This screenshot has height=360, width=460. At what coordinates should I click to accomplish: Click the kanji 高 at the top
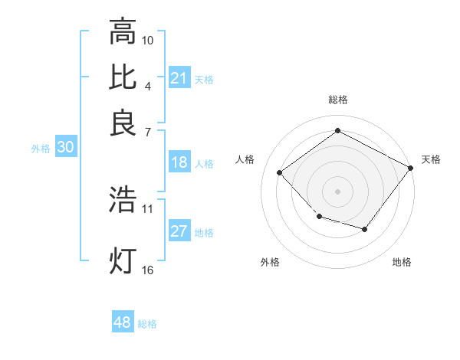(123, 32)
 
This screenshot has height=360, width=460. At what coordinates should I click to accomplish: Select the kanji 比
(123, 77)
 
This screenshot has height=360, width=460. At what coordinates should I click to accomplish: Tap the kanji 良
(123, 123)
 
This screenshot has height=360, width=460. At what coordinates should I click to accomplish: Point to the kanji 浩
(123, 199)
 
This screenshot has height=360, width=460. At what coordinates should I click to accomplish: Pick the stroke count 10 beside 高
(148, 40)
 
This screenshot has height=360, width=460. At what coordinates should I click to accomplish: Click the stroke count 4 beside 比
(148, 85)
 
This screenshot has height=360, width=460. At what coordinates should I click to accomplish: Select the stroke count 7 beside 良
(148, 131)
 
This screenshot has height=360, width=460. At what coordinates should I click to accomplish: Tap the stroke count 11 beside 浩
(148, 208)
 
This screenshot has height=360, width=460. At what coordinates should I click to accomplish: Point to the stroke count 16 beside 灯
(148, 269)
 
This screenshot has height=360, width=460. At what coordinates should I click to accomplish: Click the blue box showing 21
(179, 78)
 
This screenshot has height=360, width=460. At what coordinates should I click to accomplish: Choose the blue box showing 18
(179, 162)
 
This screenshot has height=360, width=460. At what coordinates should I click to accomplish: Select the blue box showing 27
(179, 232)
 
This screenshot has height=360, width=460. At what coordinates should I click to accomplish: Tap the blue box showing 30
(65, 148)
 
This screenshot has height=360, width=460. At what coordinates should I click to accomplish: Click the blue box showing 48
(123, 322)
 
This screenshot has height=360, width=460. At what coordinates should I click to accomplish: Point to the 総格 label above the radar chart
(338, 100)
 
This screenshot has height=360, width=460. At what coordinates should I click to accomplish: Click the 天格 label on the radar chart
(431, 159)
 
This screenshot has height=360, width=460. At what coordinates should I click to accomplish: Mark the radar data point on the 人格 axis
(280, 173)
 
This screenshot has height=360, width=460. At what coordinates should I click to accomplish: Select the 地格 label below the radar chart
(402, 262)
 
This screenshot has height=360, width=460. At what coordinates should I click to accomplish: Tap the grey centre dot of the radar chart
(337, 191)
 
